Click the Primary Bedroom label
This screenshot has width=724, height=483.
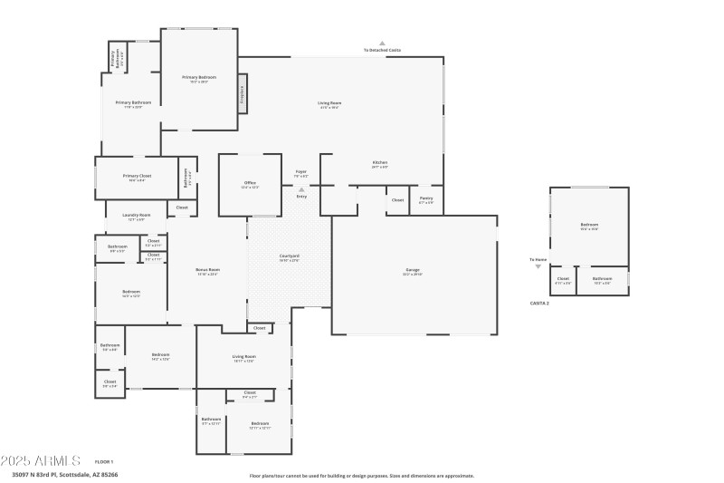(x=199, y=78)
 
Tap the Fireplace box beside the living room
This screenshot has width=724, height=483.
(x=243, y=95)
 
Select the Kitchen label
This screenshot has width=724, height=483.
(x=380, y=163)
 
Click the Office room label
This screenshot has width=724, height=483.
(x=250, y=183)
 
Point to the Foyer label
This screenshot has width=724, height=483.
(x=301, y=171)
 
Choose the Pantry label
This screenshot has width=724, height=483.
(x=426, y=198)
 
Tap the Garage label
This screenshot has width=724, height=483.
(x=413, y=271)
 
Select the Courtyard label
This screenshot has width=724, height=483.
(x=290, y=256)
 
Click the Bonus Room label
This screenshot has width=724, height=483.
(x=207, y=270)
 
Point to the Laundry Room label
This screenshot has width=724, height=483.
(x=137, y=216)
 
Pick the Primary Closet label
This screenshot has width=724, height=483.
(x=138, y=176)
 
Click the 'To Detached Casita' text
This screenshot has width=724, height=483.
(x=382, y=50)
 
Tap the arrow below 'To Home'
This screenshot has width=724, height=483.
(x=538, y=267)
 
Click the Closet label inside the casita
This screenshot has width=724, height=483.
(x=563, y=279)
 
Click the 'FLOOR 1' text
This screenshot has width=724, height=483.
(x=103, y=461)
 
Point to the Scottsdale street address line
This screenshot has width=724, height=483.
(x=64, y=474)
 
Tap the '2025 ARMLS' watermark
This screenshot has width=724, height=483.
(x=41, y=460)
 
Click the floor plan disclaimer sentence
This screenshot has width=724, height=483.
(x=361, y=475)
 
